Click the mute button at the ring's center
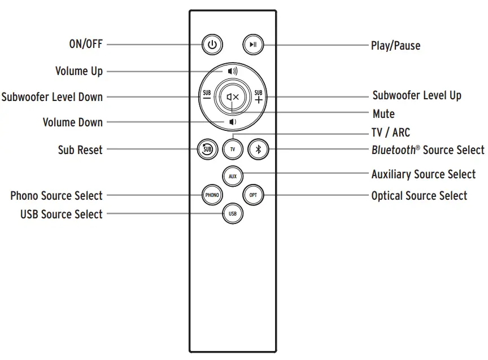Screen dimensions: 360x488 [233, 97]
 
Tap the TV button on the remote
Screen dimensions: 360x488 [232, 150]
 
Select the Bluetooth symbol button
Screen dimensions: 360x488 [259, 150]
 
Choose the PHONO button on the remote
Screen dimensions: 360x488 [212, 195]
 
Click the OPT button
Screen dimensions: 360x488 [252, 195]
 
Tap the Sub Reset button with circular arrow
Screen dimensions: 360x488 [206, 150]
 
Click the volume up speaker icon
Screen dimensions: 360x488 [233, 72]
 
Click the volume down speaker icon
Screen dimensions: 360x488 [232, 122]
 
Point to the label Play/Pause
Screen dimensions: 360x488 [395, 46]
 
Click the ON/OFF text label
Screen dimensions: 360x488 [85, 44]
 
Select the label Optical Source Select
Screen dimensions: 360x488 [419, 196]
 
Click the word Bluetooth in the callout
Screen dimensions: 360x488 [393, 150]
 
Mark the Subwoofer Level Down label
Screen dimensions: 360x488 [52, 96]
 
